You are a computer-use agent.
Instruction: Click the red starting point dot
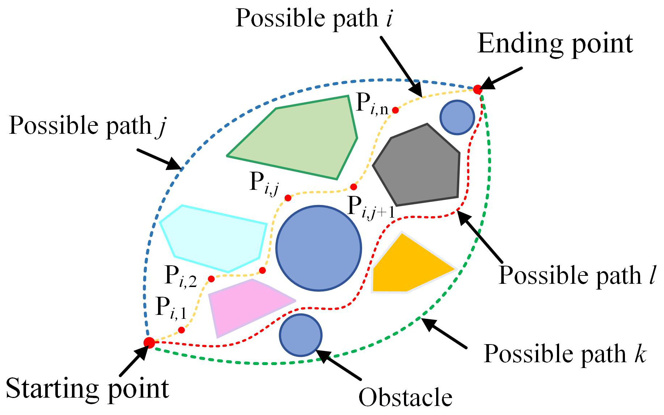(149, 342)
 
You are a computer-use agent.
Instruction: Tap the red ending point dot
(478, 89)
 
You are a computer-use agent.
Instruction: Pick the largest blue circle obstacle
(319, 248)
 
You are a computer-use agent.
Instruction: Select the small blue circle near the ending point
(457, 117)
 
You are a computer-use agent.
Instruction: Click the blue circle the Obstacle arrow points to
(301, 335)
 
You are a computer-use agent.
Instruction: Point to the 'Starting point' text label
(88, 389)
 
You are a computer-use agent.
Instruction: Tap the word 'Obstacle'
(405, 398)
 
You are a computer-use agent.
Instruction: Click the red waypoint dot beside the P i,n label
(396, 110)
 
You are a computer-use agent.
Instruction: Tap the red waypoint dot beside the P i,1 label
(182, 330)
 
